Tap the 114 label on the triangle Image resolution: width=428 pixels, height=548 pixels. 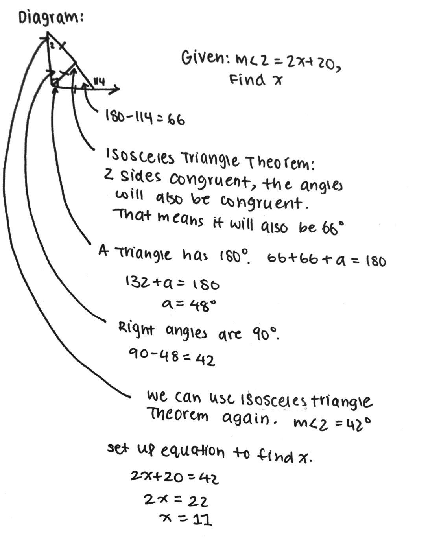(98, 82)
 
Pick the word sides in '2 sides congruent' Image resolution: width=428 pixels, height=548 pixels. (141, 177)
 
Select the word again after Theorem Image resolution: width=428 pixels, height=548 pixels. (246, 418)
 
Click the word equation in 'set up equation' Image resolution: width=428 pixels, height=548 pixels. (192, 451)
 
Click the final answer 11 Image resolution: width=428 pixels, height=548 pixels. (202, 520)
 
